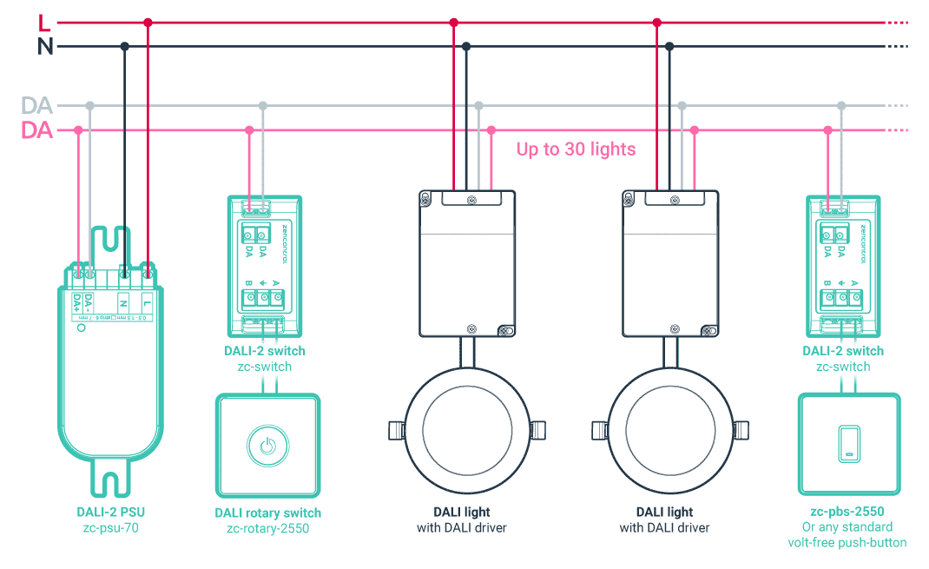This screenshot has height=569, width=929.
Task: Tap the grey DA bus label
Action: [37, 106]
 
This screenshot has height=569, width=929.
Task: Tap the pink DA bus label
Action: [37, 131]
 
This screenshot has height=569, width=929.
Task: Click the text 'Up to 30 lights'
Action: [576, 149]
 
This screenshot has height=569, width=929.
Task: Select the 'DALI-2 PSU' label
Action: [109, 512]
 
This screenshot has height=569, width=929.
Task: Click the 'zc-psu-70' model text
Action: [109, 527]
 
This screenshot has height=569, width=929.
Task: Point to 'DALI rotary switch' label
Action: [267, 513]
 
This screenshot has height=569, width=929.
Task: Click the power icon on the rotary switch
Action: [267, 447]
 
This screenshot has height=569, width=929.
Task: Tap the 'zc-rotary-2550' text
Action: [267, 528]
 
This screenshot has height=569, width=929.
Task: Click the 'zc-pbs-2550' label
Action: [842, 512]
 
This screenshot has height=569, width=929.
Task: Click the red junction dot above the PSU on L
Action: [148, 23]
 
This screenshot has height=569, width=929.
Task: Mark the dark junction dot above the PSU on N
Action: [125, 46]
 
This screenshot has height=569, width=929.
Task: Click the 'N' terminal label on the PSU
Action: [123, 303]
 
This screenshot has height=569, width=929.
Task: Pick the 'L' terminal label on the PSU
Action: [148, 303]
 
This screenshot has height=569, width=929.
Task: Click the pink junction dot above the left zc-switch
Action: [249, 130]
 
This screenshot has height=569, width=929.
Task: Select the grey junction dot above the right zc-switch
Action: [840, 105]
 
